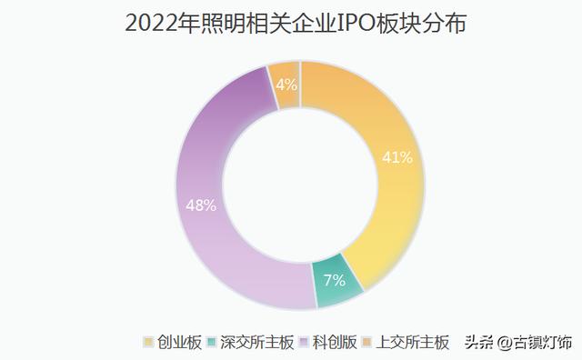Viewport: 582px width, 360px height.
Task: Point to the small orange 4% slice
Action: pos(286,85)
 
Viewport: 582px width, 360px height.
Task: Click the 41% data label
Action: pos(397,157)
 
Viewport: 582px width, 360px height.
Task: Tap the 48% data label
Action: pos(200,205)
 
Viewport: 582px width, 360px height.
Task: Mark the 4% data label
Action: pos(286,85)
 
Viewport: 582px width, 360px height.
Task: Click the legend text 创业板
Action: pos(178,343)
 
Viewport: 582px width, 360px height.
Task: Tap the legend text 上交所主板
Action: pos(414,343)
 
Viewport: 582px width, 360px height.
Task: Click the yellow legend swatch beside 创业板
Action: pos(148,343)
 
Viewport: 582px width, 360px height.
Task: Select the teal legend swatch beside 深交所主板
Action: pos(212,343)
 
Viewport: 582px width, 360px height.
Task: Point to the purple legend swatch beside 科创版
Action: pos(306,343)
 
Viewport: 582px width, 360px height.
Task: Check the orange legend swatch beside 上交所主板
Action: pos(368,343)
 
